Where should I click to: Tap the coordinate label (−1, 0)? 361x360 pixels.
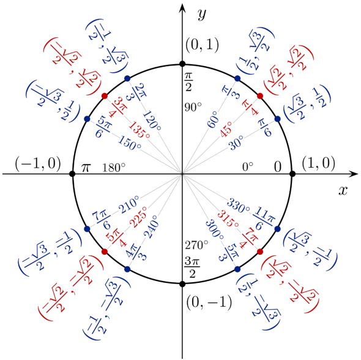[x=38, y=163]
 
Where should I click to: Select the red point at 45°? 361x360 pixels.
[x=260, y=96]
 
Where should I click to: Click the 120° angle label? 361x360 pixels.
[x=152, y=121]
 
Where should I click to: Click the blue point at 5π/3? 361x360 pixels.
[x=237, y=269]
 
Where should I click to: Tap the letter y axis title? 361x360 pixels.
[x=202, y=15]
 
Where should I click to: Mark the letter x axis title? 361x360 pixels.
[x=343, y=190]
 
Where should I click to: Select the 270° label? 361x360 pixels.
[x=196, y=245]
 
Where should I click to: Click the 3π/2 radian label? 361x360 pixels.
[x=192, y=268]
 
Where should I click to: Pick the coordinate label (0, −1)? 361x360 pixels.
[x=209, y=302]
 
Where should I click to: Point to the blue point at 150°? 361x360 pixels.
[x=87, y=119]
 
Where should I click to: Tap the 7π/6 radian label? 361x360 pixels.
[x=102, y=220]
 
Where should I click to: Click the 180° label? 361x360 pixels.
[x=114, y=168]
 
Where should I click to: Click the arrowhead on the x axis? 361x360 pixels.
[x=353, y=174]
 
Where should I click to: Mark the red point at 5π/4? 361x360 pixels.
[x=105, y=252]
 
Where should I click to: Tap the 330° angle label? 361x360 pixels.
[x=238, y=205]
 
